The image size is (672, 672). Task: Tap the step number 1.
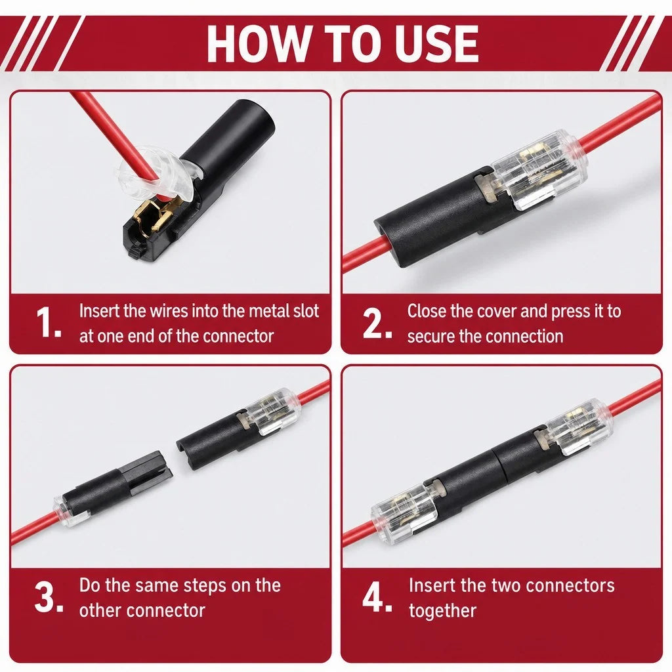click(x=48, y=323)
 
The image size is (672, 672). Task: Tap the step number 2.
click(x=376, y=323)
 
